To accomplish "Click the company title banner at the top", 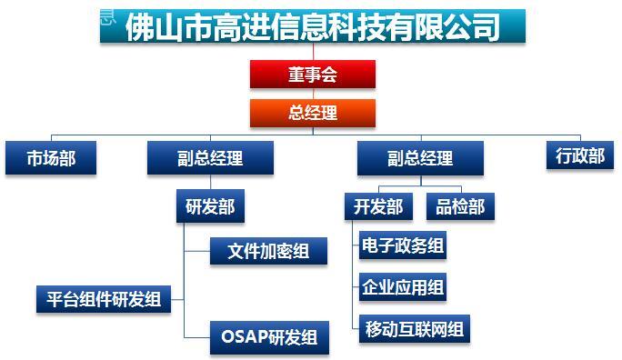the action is click(x=313, y=26).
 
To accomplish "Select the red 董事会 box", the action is click(x=313, y=75).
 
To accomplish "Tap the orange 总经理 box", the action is click(x=313, y=113).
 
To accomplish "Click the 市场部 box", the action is click(x=51, y=158).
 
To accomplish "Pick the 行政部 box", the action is click(x=580, y=155).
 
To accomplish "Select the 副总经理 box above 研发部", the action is click(x=210, y=158).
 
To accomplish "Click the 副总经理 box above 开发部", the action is click(x=420, y=158).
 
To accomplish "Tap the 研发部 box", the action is click(x=210, y=205).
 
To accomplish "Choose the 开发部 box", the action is click(x=378, y=206).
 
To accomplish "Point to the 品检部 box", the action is click(x=460, y=206).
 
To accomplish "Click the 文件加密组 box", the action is click(x=268, y=251).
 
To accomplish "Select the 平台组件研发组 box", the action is click(x=104, y=299).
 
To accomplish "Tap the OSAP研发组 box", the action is click(x=269, y=337).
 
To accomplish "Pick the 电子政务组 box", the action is click(x=403, y=245).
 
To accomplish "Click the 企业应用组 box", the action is click(x=403, y=286).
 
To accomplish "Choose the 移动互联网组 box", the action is click(x=415, y=329).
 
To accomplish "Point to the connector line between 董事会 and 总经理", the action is click(x=313, y=94).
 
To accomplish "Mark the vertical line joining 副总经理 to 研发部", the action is click(x=210, y=182).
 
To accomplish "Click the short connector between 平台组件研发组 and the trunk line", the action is click(x=177, y=299).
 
